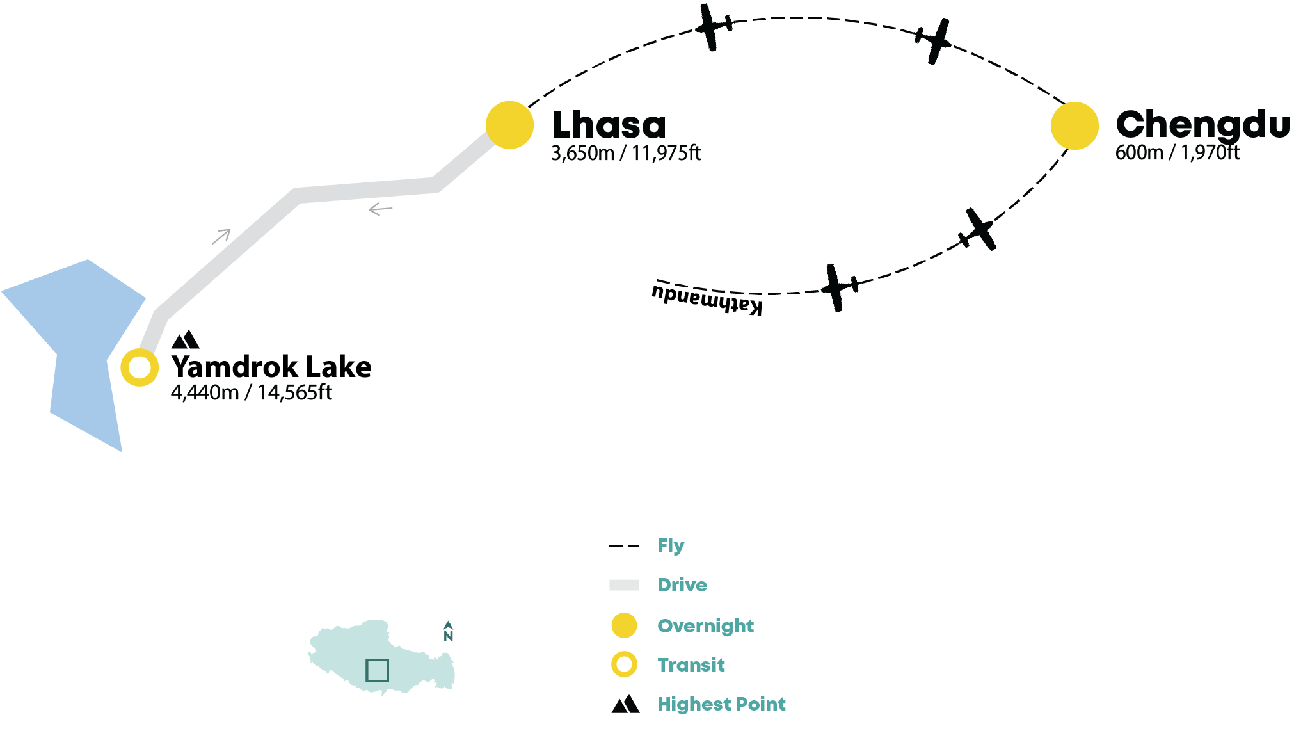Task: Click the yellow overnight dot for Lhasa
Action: click(509, 125)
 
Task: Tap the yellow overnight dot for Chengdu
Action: click(1074, 125)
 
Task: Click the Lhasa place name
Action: click(609, 125)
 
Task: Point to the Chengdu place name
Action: click(1202, 125)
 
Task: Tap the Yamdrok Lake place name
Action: click(271, 367)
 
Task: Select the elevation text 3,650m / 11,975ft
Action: click(626, 154)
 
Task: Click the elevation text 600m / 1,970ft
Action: click(1178, 153)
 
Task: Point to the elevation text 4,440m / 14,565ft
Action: click(252, 392)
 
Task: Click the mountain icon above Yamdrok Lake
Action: click(186, 339)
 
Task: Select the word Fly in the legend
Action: click(671, 545)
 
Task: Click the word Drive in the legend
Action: click(682, 585)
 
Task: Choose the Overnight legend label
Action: click(705, 626)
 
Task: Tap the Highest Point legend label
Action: click(721, 704)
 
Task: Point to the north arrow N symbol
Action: click(448, 631)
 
